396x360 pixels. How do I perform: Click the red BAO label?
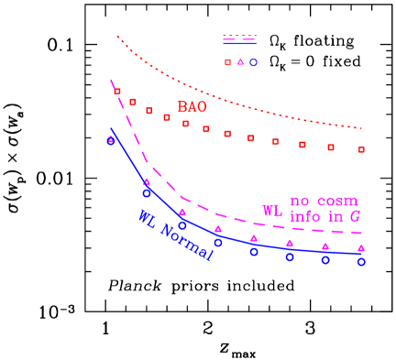click(x=192, y=107)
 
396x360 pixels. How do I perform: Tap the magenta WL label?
click(x=272, y=211)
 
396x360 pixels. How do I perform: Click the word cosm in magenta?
click(x=336, y=201)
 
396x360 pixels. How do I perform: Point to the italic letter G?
click(x=354, y=216)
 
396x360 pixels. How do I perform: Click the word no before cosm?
click(x=301, y=201)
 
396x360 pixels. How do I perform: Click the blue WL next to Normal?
click(x=147, y=219)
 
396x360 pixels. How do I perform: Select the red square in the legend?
click(x=228, y=62)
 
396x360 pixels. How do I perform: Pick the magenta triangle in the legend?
click(x=241, y=62)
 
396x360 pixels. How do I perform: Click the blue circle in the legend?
click(x=254, y=62)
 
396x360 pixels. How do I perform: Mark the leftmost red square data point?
click(x=117, y=92)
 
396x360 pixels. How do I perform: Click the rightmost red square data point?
click(x=361, y=149)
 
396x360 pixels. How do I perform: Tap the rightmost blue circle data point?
click(x=361, y=262)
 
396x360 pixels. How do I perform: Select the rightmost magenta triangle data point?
click(x=361, y=248)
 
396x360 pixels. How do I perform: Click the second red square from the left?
click(x=132, y=102)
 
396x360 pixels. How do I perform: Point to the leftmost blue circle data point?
click(x=111, y=141)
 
